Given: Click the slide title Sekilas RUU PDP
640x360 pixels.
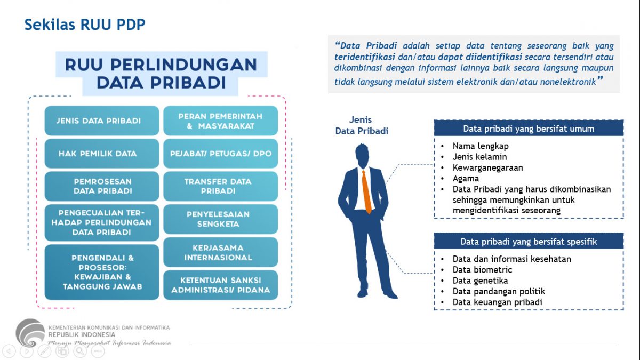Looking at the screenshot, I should [x=85, y=25].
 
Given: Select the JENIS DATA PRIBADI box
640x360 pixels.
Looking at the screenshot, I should [x=102, y=121].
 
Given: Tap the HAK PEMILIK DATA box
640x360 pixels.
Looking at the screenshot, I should [x=102, y=154].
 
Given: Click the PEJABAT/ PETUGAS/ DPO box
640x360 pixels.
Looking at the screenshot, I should [x=220, y=154].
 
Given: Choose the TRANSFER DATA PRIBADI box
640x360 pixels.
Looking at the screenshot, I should [x=220, y=186].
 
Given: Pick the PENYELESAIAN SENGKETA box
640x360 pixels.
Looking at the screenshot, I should [x=220, y=219].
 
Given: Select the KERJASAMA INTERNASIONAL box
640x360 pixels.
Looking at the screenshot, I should [x=220, y=252].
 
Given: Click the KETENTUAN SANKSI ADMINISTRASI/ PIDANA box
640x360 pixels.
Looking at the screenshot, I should [x=220, y=285].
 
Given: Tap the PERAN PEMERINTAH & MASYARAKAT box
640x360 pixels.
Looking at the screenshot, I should [x=220, y=121].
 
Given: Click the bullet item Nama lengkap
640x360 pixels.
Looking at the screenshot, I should [x=480, y=146].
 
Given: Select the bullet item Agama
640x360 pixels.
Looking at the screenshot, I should [x=466, y=179].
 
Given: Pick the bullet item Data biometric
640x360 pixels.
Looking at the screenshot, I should [x=482, y=270].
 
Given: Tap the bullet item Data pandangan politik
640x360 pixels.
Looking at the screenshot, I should [x=499, y=291].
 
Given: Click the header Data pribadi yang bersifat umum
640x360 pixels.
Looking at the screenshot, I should [x=528, y=129].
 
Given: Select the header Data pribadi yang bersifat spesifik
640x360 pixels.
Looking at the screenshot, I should [x=528, y=242].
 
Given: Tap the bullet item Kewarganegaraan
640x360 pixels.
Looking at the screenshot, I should [x=487, y=167].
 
